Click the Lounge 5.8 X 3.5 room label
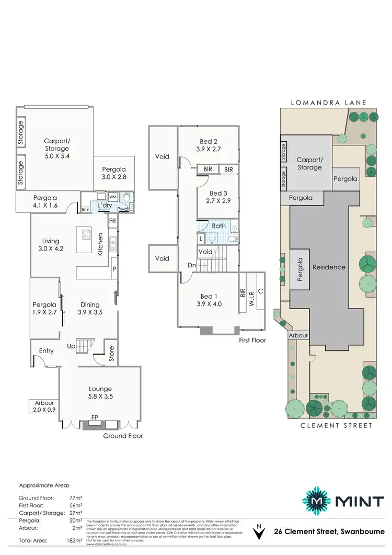point(101,393)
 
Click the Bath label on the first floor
point(218,226)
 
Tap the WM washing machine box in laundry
point(113,197)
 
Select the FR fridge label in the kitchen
point(112,221)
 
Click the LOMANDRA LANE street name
point(329,103)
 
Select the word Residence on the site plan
point(329,267)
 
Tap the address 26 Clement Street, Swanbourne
point(329,531)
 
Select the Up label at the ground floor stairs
point(71,346)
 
